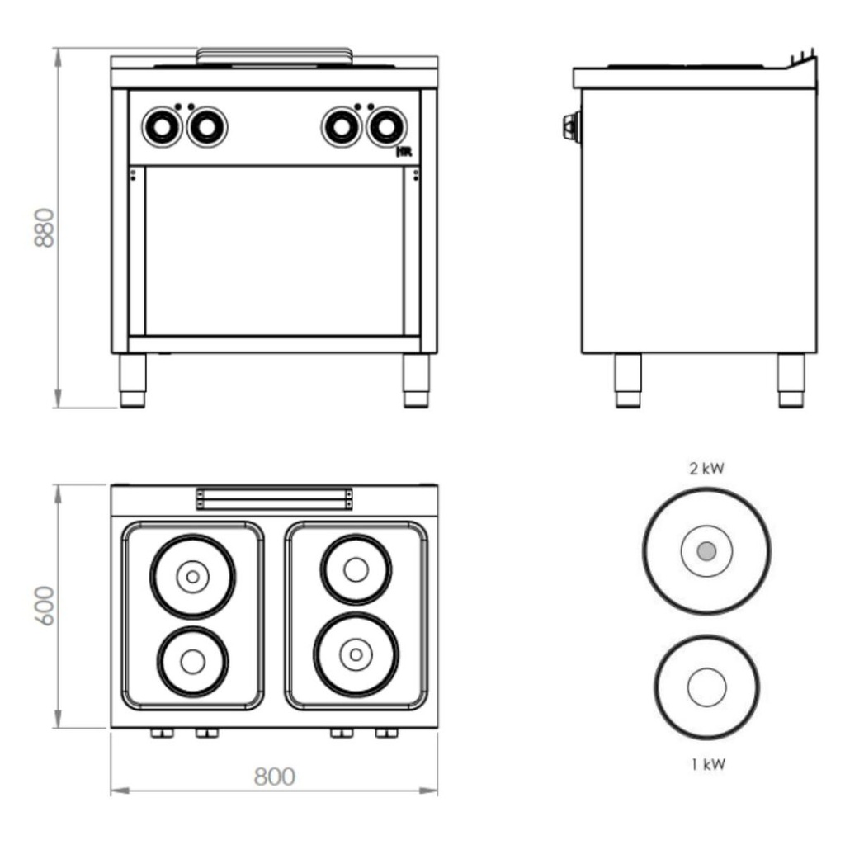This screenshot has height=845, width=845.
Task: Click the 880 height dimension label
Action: pyautogui.click(x=45, y=227)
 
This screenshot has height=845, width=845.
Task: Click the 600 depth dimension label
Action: pyautogui.click(x=45, y=605)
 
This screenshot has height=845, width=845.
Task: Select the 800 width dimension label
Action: pyautogui.click(x=274, y=777)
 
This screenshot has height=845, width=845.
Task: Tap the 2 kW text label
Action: pyautogui.click(x=706, y=469)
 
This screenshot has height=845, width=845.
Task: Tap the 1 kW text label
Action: pyautogui.click(x=708, y=764)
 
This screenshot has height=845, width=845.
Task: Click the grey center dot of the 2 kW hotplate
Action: pyautogui.click(x=706, y=551)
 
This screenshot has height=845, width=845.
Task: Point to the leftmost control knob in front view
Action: pyautogui.click(x=161, y=127)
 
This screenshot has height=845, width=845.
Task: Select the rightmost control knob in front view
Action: pyautogui.click(x=386, y=127)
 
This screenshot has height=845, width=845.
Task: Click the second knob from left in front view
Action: pyautogui.click(x=206, y=127)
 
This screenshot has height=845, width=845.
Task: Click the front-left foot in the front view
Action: pyautogui.click(x=132, y=380)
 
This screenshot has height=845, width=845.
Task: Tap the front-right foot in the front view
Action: pyautogui.click(x=416, y=380)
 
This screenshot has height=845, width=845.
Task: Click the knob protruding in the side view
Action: pyautogui.click(x=569, y=127)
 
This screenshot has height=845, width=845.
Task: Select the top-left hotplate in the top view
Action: pyautogui.click(x=192, y=577)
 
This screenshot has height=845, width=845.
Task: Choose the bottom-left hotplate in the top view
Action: pyautogui.click(x=192, y=661)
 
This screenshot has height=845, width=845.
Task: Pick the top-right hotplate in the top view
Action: pyautogui.click(x=356, y=569)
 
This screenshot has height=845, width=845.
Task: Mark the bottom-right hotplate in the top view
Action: pyautogui.click(x=356, y=654)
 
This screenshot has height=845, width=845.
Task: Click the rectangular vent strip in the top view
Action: pyautogui.click(x=274, y=499)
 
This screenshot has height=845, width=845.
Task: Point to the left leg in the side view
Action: pyautogui.click(x=627, y=380)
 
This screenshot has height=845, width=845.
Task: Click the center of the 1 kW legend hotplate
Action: pyautogui.click(x=706, y=687)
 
